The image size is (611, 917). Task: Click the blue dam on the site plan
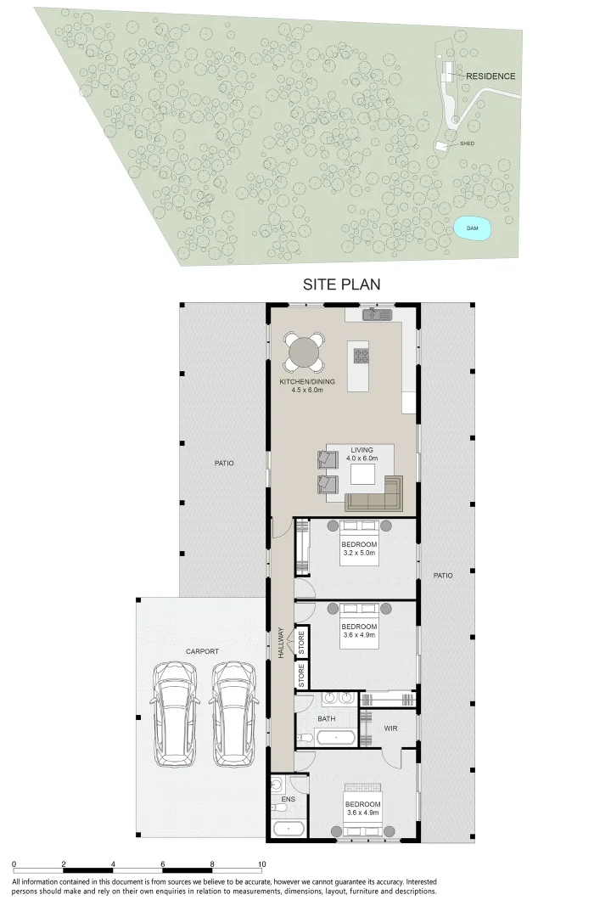coord(473,228)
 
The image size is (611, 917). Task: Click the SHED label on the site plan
coord(467,143)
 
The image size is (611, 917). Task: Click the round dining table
coord(303,352)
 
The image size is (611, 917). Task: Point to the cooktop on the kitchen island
coord(360,355)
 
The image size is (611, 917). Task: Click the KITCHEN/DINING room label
coord(307,382)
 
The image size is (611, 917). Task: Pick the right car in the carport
coord(233,714)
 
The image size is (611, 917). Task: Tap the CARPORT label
coord(202,651)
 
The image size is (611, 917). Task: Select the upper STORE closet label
coord(301,641)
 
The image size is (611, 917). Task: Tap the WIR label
coord(391,728)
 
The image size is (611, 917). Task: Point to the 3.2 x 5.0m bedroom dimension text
coord(359,553)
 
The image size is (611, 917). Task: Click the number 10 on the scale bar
coord(261,864)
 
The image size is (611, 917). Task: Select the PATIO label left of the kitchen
coord(224,464)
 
